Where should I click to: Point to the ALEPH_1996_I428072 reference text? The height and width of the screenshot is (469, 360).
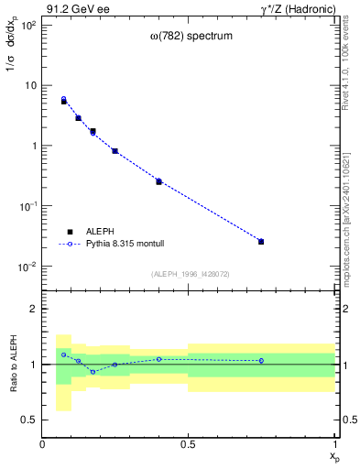(x=189, y=274)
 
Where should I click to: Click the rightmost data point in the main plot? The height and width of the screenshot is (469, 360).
(x=261, y=242)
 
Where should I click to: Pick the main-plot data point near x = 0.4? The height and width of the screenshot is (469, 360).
(x=158, y=181)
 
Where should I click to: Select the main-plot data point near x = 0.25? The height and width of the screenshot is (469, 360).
(x=115, y=151)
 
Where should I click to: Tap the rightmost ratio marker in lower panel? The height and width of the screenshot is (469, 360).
(x=261, y=361)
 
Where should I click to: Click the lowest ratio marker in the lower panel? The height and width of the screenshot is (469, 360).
(x=93, y=372)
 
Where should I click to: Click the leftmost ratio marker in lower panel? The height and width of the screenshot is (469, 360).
(x=64, y=354)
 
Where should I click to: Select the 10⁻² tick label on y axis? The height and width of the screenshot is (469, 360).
(x=28, y=267)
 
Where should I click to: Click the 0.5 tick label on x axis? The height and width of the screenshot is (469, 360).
(x=188, y=443)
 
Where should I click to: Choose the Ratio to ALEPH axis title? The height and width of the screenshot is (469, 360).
(x=12, y=365)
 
